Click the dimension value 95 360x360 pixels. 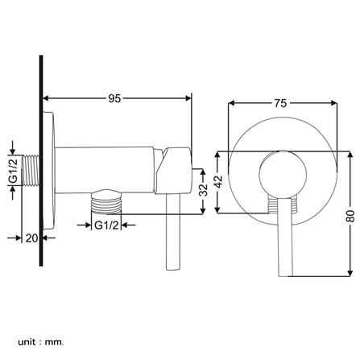point(115,99)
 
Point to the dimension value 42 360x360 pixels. point(217,184)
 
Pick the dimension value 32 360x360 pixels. point(203,190)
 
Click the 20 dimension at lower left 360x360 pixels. point(31,238)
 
